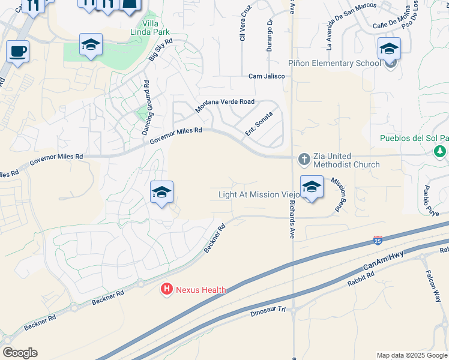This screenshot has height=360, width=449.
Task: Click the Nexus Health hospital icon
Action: tap(166, 290)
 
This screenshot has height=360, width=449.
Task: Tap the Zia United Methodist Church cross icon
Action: tap(304, 159)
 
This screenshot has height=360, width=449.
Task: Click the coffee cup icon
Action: tap(18, 51)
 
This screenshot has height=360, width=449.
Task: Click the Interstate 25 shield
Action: tap(378, 240)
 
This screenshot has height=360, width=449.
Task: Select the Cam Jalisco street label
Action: tap(267, 76)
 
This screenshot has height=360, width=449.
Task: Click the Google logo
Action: tap(20, 353)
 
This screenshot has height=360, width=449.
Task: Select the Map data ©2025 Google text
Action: tap(412, 355)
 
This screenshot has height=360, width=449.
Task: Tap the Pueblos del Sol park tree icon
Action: tap(441, 151)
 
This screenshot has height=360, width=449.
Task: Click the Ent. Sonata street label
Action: tap(259, 123)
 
